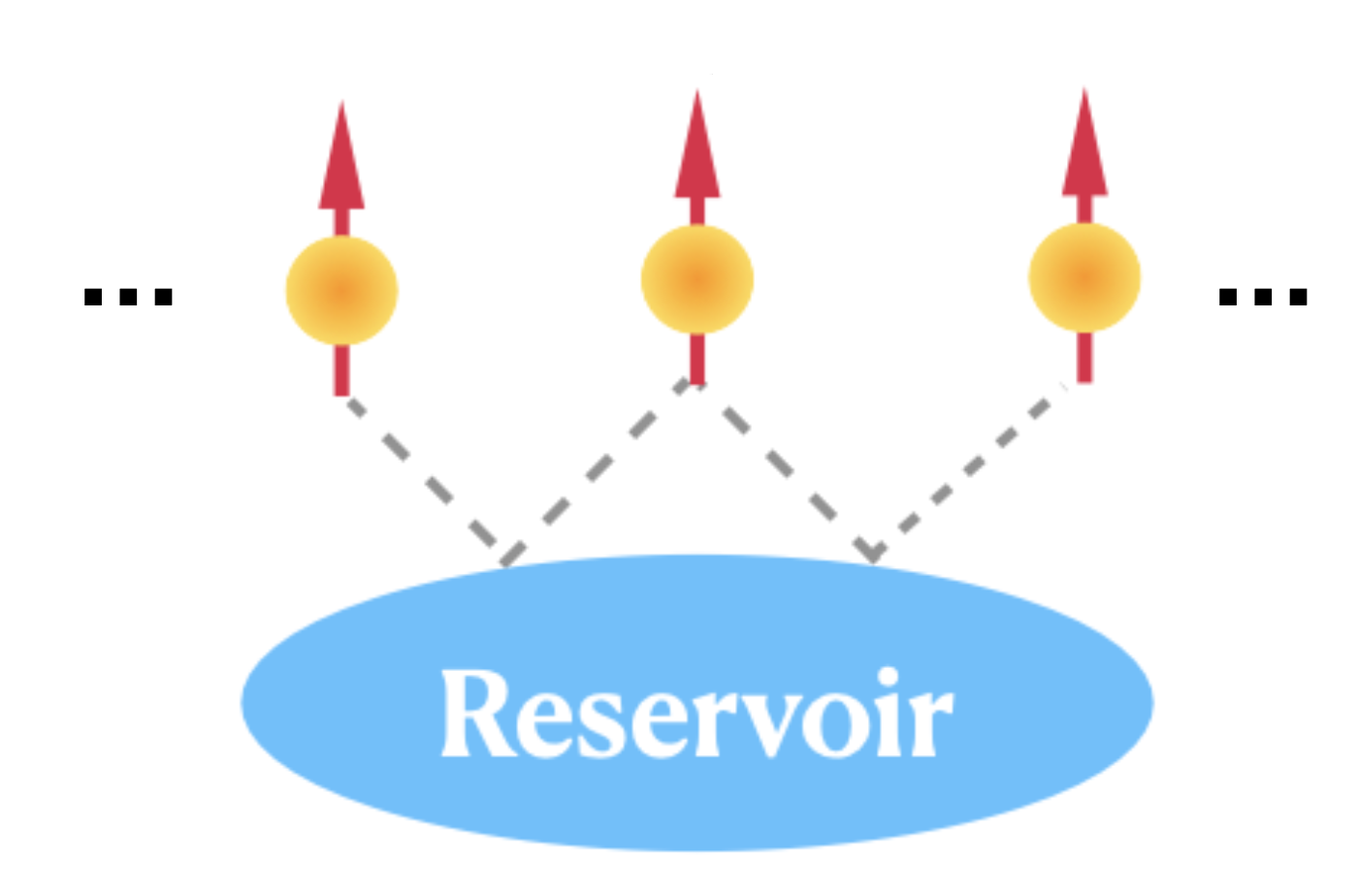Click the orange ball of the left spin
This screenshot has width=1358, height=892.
pos(341,290)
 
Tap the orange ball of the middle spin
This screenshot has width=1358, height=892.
pos(696,279)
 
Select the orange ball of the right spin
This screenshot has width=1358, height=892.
pos(1083,278)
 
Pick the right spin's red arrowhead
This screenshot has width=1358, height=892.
pos(1083,150)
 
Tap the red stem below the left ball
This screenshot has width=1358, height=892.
pos(341,370)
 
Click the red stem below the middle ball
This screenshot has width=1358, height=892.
pos(696,359)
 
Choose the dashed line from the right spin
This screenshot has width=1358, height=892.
pos(970,470)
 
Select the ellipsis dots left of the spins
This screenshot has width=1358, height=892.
pos(128,297)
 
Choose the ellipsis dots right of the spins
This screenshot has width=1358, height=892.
pos(1263,297)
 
